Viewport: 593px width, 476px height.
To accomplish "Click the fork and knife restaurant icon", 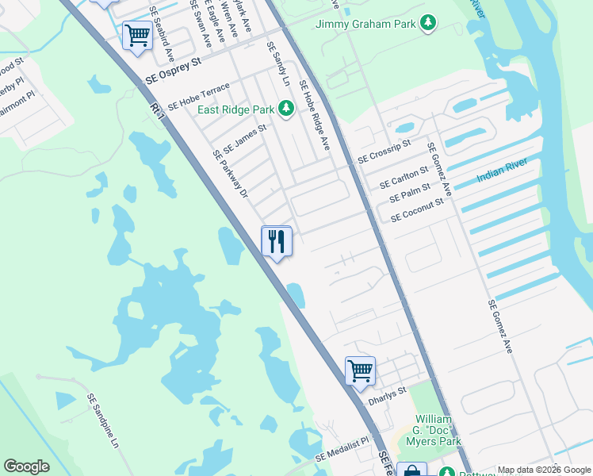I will pyautogui.click(x=277, y=241).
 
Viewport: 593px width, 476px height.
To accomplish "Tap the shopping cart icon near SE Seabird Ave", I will pyautogui.click(x=137, y=36).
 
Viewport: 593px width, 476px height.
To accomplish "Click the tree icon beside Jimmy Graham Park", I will pyautogui.click(x=428, y=23).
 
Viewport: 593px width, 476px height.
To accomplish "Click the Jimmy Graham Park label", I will pyautogui.click(x=365, y=24).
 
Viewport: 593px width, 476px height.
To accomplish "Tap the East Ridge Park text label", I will pyautogui.click(x=235, y=109).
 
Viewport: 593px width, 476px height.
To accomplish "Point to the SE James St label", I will pyautogui.click(x=244, y=137).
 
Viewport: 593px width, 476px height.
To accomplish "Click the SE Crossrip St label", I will pyautogui.click(x=384, y=152).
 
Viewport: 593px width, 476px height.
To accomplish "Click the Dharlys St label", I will pyautogui.click(x=387, y=396).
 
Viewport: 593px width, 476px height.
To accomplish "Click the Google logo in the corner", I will pyautogui.click(x=26, y=466).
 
